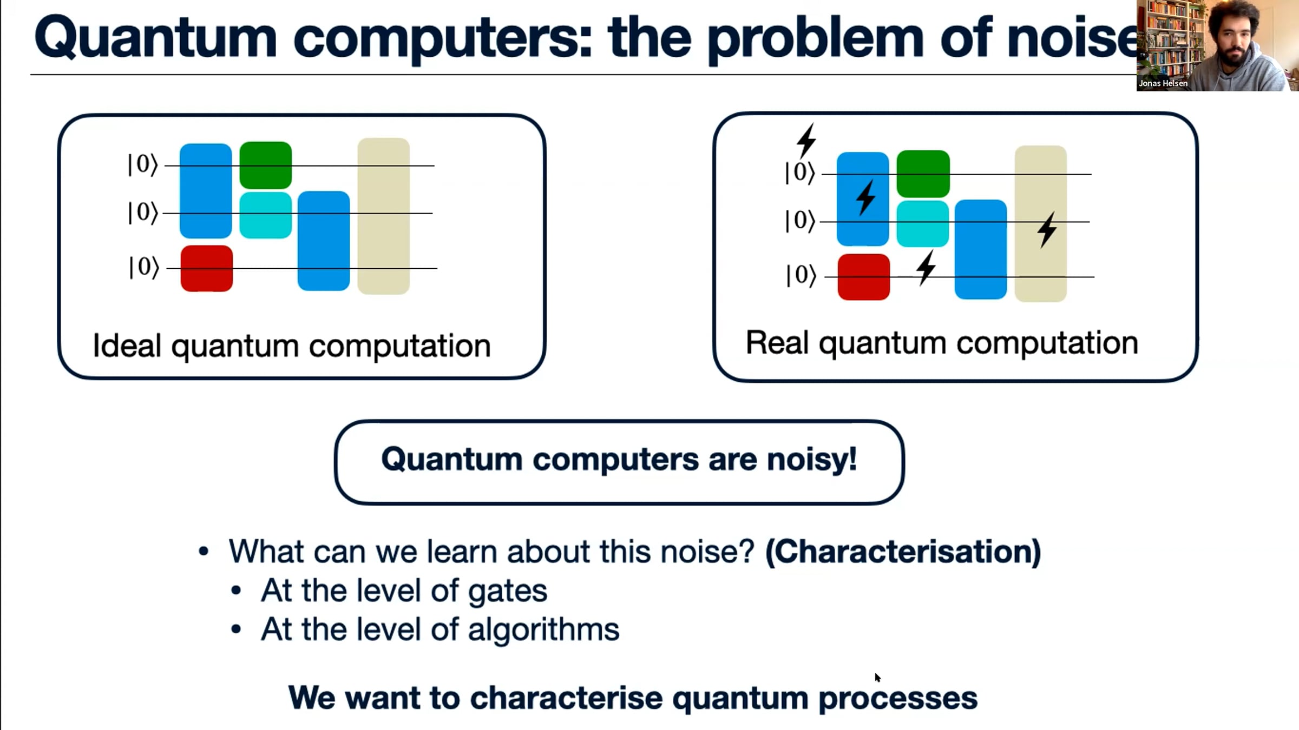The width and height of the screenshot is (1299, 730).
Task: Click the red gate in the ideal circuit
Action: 207,269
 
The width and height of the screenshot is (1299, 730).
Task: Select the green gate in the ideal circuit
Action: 266,165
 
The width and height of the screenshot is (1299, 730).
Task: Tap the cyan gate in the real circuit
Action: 923,224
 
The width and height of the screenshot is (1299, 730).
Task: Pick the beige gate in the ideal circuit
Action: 384,216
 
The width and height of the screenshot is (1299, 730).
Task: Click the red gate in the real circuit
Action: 864,277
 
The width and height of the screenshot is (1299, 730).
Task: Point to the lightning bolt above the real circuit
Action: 806,141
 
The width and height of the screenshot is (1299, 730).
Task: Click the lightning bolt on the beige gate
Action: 1047,230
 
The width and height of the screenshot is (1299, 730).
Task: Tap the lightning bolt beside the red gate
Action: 926,268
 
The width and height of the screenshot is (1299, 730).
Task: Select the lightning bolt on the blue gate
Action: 866,197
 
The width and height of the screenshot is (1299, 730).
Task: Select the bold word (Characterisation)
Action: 903,552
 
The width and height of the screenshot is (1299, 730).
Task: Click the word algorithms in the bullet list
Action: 543,630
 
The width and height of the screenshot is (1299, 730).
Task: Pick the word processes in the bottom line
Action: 898,699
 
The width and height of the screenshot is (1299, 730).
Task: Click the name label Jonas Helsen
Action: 1163,83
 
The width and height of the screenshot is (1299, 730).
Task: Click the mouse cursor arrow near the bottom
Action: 877,678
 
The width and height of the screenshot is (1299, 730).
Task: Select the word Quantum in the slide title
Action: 155,38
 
